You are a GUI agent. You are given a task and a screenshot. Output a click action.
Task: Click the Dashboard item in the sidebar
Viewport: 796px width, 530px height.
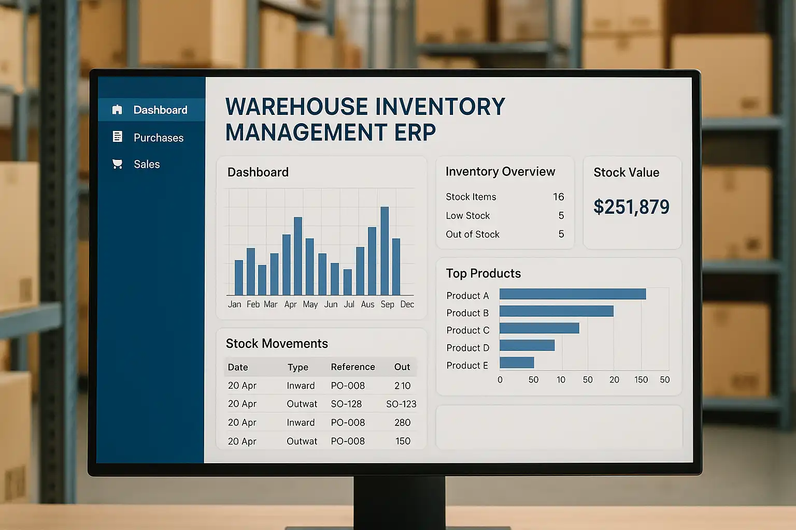click(160, 110)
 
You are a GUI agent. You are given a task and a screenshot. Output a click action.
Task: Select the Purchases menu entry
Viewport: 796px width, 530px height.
click(158, 138)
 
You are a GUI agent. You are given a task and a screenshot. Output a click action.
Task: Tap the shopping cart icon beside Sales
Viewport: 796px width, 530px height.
click(118, 164)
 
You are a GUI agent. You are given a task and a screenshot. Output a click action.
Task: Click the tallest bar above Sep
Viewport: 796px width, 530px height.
click(385, 251)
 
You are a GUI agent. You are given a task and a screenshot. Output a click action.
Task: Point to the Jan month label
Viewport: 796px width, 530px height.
click(234, 304)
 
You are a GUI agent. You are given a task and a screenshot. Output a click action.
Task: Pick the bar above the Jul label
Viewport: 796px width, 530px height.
click(347, 282)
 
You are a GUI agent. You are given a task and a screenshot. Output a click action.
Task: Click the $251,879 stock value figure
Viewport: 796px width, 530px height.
click(631, 207)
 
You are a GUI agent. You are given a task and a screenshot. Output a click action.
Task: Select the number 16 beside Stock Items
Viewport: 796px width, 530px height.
click(558, 197)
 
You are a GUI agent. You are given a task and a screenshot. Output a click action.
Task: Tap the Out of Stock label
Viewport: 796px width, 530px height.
click(472, 234)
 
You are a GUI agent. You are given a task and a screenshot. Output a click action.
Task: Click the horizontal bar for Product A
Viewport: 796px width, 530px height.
click(572, 294)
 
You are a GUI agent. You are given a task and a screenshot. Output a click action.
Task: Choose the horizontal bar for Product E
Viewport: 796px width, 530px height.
click(516, 362)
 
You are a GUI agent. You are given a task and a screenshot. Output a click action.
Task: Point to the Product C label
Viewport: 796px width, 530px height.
click(467, 330)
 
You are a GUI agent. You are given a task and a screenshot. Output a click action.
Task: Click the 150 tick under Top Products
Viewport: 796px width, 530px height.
click(641, 380)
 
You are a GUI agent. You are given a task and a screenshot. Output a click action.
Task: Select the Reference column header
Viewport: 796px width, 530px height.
click(352, 367)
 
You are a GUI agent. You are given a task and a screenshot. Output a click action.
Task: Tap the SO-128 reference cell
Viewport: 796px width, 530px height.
click(346, 404)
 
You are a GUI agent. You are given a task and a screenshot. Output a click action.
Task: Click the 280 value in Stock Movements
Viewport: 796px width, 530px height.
click(402, 423)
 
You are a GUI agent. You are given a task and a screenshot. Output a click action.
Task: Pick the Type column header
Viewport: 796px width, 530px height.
click(297, 367)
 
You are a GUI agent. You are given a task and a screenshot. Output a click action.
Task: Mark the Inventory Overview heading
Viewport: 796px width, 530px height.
click(500, 172)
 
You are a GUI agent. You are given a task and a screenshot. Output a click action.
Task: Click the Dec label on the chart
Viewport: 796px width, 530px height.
click(407, 304)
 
